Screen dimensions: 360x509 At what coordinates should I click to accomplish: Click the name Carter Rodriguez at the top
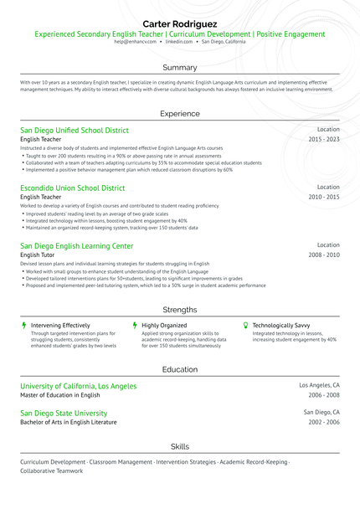[180, 23]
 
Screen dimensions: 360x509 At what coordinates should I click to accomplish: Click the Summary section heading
[180, 67]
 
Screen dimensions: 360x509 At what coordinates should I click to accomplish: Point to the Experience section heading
[180, 113]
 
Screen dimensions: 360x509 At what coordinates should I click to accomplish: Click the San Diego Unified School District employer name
[75, 131]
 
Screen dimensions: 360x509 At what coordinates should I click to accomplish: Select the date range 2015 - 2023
[324, 139]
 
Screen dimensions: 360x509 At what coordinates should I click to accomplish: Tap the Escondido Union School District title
[73, 188]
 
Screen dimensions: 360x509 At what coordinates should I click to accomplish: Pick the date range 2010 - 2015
[324, 197]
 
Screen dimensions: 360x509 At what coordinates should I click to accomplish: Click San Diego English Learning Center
[76, 246]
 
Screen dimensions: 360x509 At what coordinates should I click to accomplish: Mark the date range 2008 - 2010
[324, 254]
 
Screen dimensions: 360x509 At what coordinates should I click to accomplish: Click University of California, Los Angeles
[78, 386]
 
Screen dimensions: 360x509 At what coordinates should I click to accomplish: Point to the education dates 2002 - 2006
[324, 423]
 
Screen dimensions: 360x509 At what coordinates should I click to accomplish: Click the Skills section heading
[180, 446]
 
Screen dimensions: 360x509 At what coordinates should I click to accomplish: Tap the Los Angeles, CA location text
[320, 386]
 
